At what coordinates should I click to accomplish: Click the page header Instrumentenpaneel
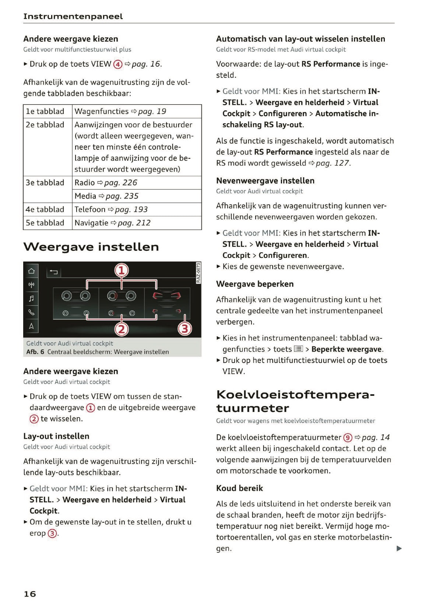click(73, 17)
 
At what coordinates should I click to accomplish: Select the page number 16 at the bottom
click(30, 594)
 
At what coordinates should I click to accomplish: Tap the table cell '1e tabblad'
click(45, 111)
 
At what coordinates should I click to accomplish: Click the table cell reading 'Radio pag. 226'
click(106, 183)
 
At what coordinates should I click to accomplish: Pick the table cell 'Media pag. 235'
click(106, 196)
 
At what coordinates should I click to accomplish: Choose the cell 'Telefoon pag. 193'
click(111, 210)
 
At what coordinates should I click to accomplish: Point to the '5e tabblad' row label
click(45, 223)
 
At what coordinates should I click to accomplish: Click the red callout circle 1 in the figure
click(122, 271)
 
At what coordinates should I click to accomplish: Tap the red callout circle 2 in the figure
click(122, 329)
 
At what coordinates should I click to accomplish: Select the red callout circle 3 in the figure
click(185, 328)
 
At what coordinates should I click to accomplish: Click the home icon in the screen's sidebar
click(31, 271)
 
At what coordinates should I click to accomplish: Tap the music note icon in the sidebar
click(31, 298)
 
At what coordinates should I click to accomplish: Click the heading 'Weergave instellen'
click(91, 247)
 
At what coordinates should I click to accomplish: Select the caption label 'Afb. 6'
click(35, 352)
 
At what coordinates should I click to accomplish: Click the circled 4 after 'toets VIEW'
click(117, 64)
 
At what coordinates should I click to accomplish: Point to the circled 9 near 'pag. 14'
click(348, 438)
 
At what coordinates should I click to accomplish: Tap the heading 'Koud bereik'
click(239, 488)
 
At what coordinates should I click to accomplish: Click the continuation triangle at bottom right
click(399, 549)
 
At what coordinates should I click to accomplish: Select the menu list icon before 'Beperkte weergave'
click(298, 349)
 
